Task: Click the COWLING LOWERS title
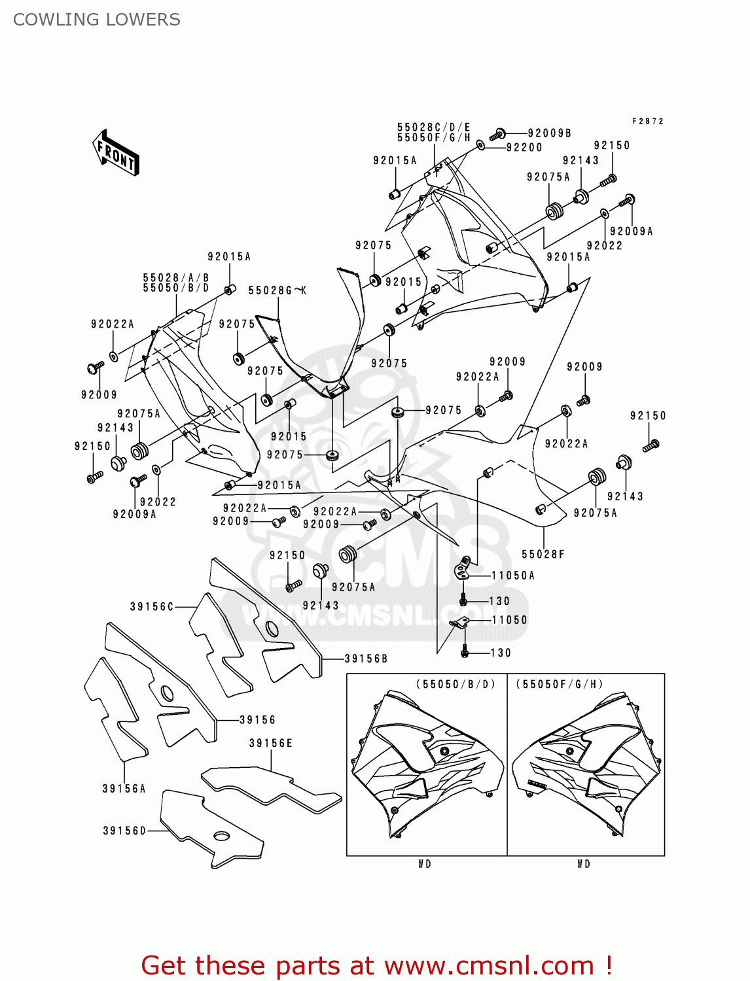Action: coord(97,20)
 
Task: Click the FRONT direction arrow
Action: coord(116,153)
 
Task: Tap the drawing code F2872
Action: coord(647,122)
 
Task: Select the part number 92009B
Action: coord(550,133)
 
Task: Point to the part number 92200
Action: coord(524,148)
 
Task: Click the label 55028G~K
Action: coord(277,291)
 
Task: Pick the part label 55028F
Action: coord(543,555)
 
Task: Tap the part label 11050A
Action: coord(513,576)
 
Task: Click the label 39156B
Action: coord(366,659)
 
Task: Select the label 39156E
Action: coord(270,744)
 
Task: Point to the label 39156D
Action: coord(124,831)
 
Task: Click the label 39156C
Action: coord(152,607)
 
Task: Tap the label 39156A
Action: coord(124,789)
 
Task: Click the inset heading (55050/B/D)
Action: coord(455,684)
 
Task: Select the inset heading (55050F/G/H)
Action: coord(560,684)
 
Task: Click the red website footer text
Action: coord(376,965)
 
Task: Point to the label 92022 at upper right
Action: coord(604,246)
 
